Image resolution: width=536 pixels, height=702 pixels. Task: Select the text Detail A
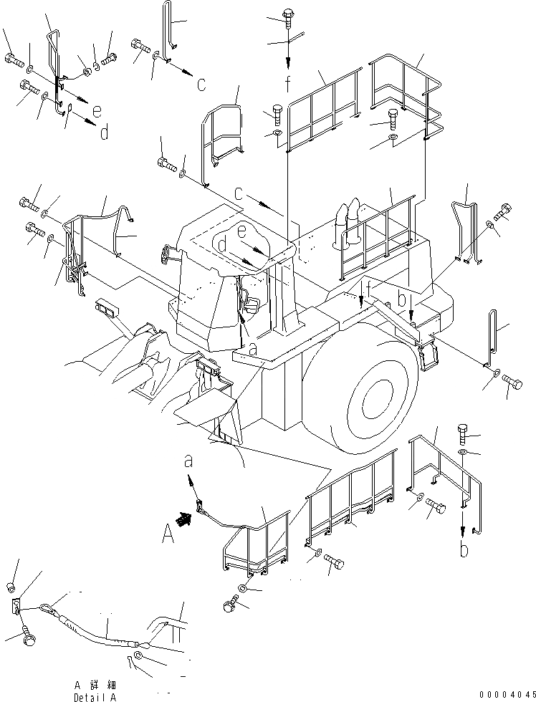94,696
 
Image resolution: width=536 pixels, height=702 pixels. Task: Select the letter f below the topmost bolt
287,85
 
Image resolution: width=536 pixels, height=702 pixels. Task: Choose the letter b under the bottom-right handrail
464,550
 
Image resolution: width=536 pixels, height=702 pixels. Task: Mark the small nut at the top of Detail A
12,588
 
